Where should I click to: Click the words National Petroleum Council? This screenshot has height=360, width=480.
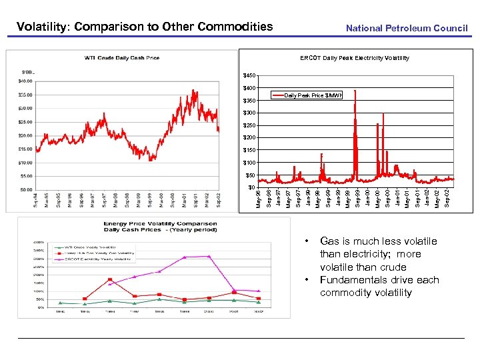pos(407,28)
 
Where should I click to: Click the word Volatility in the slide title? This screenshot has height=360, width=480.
pos(43,27)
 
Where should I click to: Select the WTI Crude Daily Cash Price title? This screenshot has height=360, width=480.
pos(122,58)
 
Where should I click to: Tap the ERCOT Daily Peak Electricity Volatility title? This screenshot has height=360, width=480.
pos(354,58)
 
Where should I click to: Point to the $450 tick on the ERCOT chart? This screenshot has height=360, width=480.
pos(249,75)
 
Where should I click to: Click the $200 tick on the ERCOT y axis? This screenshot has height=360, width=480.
pos(249,138)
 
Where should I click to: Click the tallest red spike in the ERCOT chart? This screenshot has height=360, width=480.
pos(355,91)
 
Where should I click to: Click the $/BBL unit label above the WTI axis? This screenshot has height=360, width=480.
pos(28,70)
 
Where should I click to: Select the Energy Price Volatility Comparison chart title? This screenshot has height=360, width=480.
pos(160,224)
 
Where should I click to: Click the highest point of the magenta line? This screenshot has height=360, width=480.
pos(209,256)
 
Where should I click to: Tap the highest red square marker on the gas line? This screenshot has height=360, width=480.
pos(109,279)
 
